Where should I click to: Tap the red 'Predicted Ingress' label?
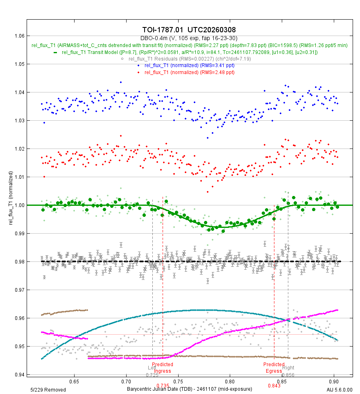[x=163, y=367]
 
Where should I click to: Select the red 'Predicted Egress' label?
[x=274, y=367]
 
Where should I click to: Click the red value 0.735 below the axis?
[x=163, y=385]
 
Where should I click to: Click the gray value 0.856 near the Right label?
[x=288, y=375]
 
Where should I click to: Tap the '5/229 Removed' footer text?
[x=48, y=389]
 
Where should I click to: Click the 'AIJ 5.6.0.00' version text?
[x=340, y=389]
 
